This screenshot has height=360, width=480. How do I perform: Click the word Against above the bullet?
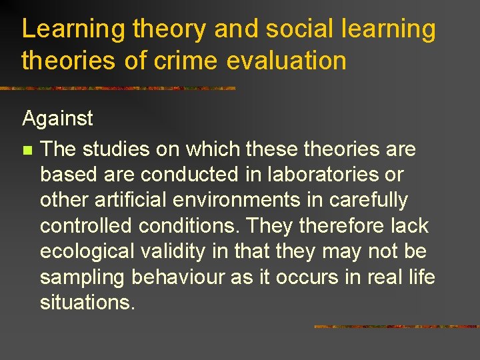[x=57, y=119]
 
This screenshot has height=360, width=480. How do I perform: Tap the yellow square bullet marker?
[x=27, y=150]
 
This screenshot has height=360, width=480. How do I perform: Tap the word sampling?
[x=83, y=277]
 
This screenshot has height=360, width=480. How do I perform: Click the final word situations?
[x=87, y=302]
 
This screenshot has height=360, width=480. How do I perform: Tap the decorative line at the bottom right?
[x=396, y=327]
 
